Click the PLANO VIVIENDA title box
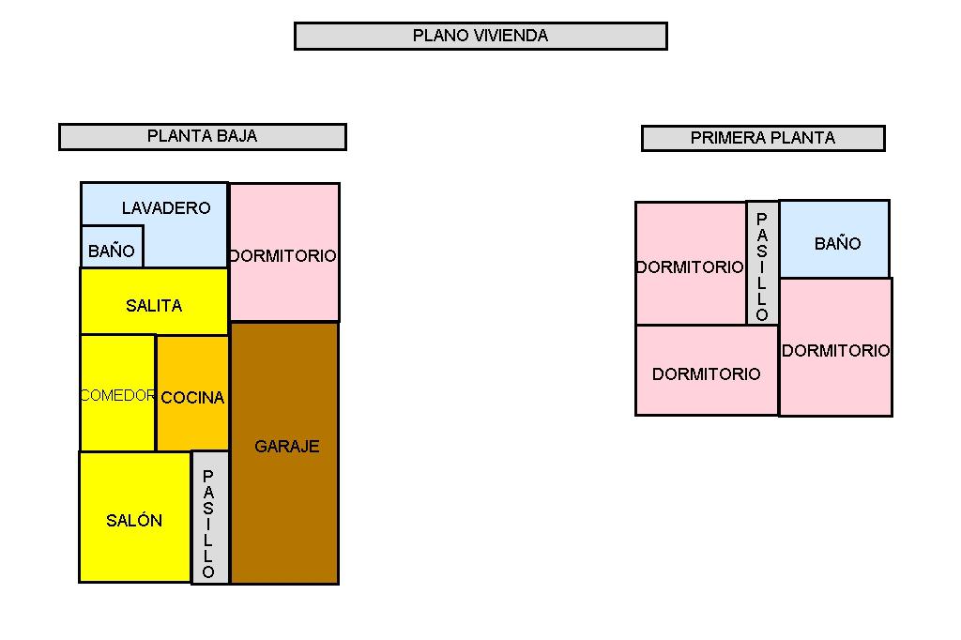pyautogui.click(x=480, y=37)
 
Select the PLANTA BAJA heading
pyautogui.click(x=203, y=137)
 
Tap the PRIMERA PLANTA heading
pyautogui.click(x=763, y=138)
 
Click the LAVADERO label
pyautogui.click(x=166, y=207)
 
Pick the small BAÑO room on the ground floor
pyautogui.click(x=113, y=247)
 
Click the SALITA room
pyautogui.click(x=154, y=301)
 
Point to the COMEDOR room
pyautogui.click(x=117, y=393)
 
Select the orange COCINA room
pyautogui.click(x=192, y=393)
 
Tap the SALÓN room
pyautogui.click(x=135, y=517)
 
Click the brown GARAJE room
pyautogui.click(x=285, y=453)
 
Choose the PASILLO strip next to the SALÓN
pyautogui.click(x=210, y=517)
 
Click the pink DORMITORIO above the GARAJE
pyautogui.click(x=284, y=251)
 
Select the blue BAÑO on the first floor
pyautogui.click(x=834, y=239)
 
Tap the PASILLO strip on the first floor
pyautogui.click(x=762, y=263)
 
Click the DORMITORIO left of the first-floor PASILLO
pyautogui.click(x=691, y=263)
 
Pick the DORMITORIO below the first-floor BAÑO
pyautogui.click(x=835, y=347)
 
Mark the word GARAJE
pyautogui.click(x=287, y=447)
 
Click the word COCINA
pyautogui.click(x=192, y=398)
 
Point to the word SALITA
pyautogui.click(x=154, y=306)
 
